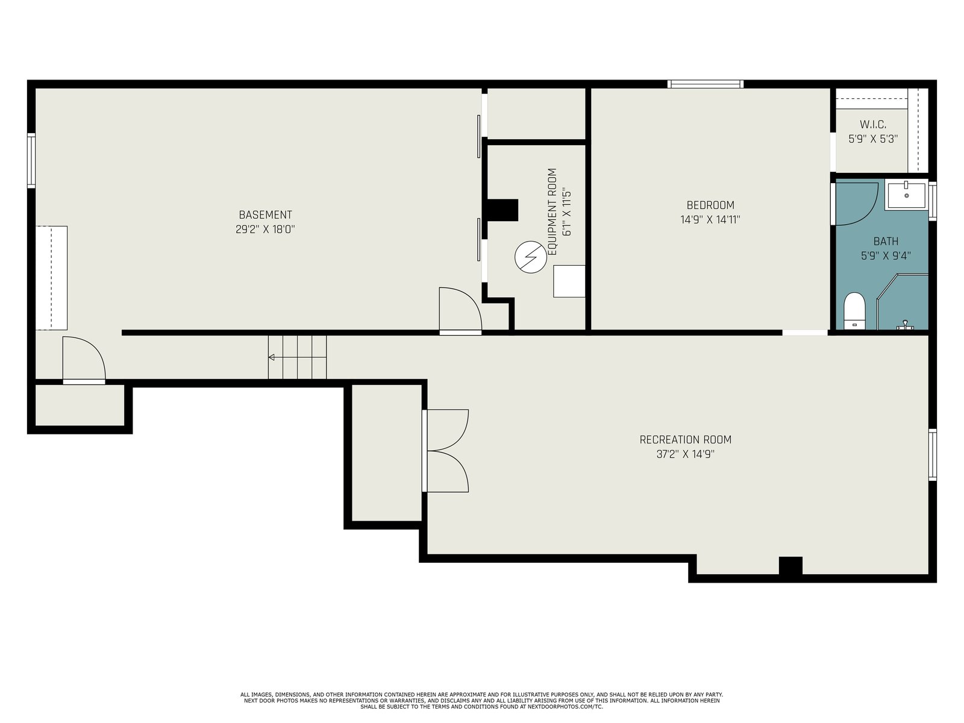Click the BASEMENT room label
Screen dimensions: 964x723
pyautogui.click(x=265, y=214)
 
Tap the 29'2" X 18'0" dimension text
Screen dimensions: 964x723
pyautogui.click(x=265, y=229)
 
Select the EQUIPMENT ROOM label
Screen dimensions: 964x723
pyautogui.click(x=552, y=211)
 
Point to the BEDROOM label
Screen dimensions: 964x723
pyautogui.click(x=710, y=205)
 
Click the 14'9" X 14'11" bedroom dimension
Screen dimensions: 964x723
pyautogui.click(x=710, y=219)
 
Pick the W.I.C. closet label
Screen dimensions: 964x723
pyautogui.click(x=872, y=125)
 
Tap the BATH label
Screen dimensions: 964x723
pyautogui.click(x=886, y=241)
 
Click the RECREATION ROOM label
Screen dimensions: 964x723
pyautogui.click(x=685, y=439)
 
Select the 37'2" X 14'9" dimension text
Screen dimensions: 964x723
pyautogui.click(x=685, y=454)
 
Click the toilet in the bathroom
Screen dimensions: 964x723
pyautogui.click(x=854, y=310)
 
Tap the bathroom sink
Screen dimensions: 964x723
pyautogui.click(x=907, y=195)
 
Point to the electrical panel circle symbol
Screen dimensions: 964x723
pyautogui.click(x=531, y=257)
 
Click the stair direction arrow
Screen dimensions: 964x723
pyautogui.click(x=297, y=357)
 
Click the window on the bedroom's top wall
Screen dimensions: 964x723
pyautogui.click(x=706, y=84)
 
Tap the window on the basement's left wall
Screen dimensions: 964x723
pyautogui.click(x=31, y=160)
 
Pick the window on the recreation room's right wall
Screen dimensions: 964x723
pyautogui.click(x=932, y=455)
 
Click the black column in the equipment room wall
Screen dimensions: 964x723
pyautogui.click(x=502, y=210)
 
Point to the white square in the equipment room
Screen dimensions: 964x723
pyautogui.click(x=569, y=281)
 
